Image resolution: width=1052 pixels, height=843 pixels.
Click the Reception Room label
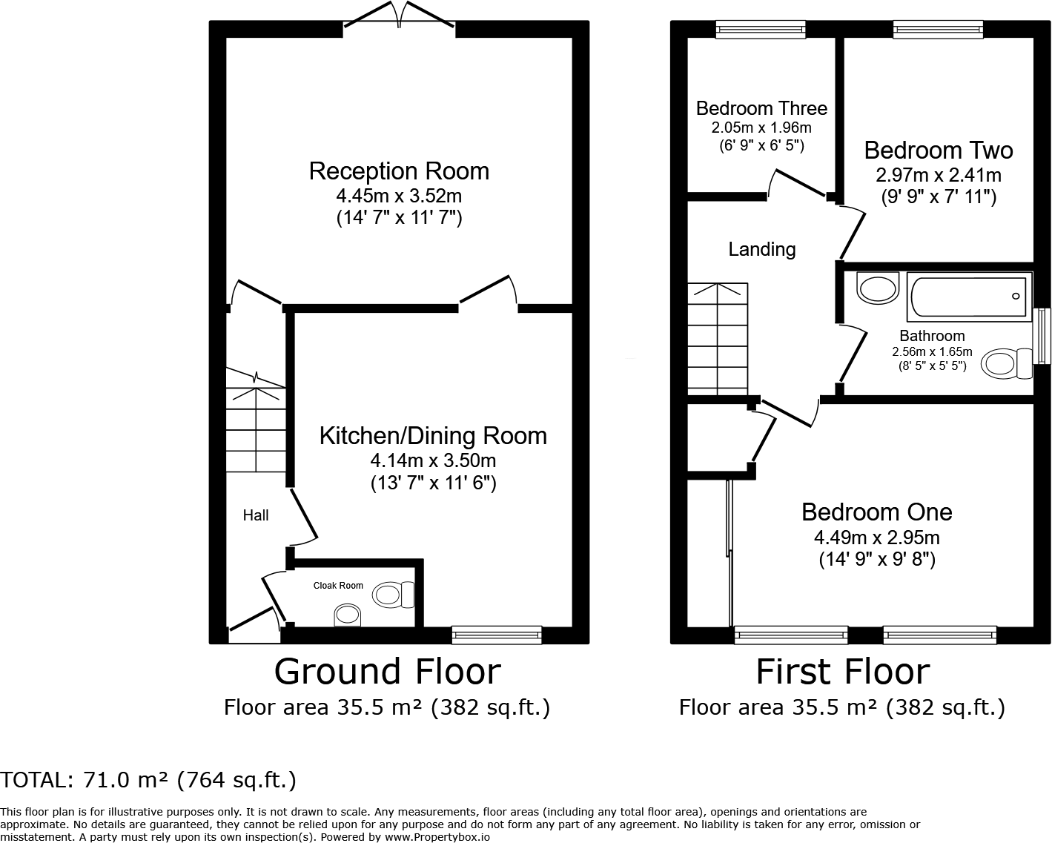(x=399, y=171)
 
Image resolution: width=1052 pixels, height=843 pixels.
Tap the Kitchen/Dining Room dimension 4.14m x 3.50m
(x=433, y=460)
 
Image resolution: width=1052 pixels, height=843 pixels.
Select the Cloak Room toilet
(x=393, y=595)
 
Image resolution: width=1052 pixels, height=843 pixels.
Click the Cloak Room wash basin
(x=348, y=615)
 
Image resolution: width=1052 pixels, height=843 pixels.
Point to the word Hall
(x=256, y=515)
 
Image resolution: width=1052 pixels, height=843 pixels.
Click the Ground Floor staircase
(x=256, y=420)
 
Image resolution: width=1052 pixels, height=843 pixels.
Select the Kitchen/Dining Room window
(x=497, y=635)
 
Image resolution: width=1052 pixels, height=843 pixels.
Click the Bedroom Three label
(x=761, y=108)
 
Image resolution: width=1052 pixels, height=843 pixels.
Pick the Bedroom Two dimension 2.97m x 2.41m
(x=939, y=175)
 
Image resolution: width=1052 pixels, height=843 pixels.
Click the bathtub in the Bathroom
(x=970, y=297)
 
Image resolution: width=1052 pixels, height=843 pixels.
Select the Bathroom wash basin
(x=878, y=288)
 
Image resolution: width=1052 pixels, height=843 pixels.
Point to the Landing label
(x=762, y=249)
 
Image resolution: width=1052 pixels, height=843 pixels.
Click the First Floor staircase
(x=718, y=338)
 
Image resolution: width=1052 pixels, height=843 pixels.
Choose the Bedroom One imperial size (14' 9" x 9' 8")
(x=877, y=559)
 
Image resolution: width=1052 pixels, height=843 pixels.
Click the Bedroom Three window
(x=761, y=30)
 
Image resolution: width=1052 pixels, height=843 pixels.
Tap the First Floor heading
(x=843, y=672)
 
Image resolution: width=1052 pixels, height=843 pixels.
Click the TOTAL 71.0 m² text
(x=148, y=780)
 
